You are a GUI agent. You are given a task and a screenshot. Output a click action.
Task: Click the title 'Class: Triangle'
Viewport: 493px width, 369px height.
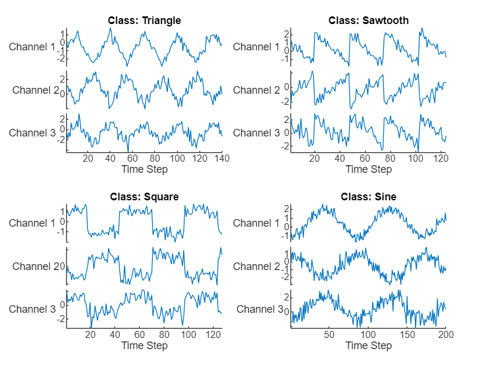pyautogui.click(x=144, y=20)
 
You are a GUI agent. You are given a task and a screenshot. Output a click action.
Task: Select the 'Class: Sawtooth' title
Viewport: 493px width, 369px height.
pyautogui.click(x=369, y=20)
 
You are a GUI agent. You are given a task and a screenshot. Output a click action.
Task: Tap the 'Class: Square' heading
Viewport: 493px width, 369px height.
pyautogui.click(x=144, y=197)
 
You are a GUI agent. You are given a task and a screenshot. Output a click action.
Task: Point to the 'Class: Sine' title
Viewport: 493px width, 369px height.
pyautogui.click(x=369, y=197)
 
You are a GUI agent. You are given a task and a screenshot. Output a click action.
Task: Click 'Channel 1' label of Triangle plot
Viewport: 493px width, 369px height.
pyautogui.click(x=32, y=47)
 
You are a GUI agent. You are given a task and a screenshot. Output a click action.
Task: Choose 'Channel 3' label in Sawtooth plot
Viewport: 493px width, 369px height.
pyautogui.click(x=256, y=133)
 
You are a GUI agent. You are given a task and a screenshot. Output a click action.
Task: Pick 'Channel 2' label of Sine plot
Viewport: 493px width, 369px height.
pyautogui.click(x=256, y=266)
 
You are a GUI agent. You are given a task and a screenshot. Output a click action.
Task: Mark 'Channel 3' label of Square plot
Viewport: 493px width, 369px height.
pyautogui.click(x=32, y=309)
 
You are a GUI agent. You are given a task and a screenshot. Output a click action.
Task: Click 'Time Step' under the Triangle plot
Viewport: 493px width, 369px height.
pyautogui.click(x=144, y=169)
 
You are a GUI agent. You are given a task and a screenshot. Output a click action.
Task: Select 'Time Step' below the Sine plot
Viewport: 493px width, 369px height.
pyautogui.click(x=369, y=346)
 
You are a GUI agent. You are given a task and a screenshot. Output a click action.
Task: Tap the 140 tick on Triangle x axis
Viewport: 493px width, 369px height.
pyautogui.click(x=222, y=158)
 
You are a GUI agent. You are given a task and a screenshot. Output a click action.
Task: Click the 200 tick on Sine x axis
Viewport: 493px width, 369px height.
pyautogui.click(x=445, y=334)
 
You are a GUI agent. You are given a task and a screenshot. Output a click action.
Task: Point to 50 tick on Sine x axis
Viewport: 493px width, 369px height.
pyautogui.click(x=329, y=334)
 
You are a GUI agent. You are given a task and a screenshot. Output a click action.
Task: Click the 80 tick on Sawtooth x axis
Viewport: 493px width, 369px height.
pyautogui.click(x=390, y=158)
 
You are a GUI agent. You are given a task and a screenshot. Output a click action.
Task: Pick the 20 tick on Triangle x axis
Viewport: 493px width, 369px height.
pyautogui.click(x=88, y=158)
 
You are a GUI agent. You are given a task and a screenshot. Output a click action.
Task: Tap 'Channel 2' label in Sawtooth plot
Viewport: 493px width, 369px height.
pyautogui.click(x=256, y=90)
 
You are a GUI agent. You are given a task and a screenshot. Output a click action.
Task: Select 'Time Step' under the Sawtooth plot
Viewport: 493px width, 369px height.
pyautogui.click(x=369, y=169)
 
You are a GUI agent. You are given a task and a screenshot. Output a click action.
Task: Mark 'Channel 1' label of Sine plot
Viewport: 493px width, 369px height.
pyautogui.click(x=256, y=223)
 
